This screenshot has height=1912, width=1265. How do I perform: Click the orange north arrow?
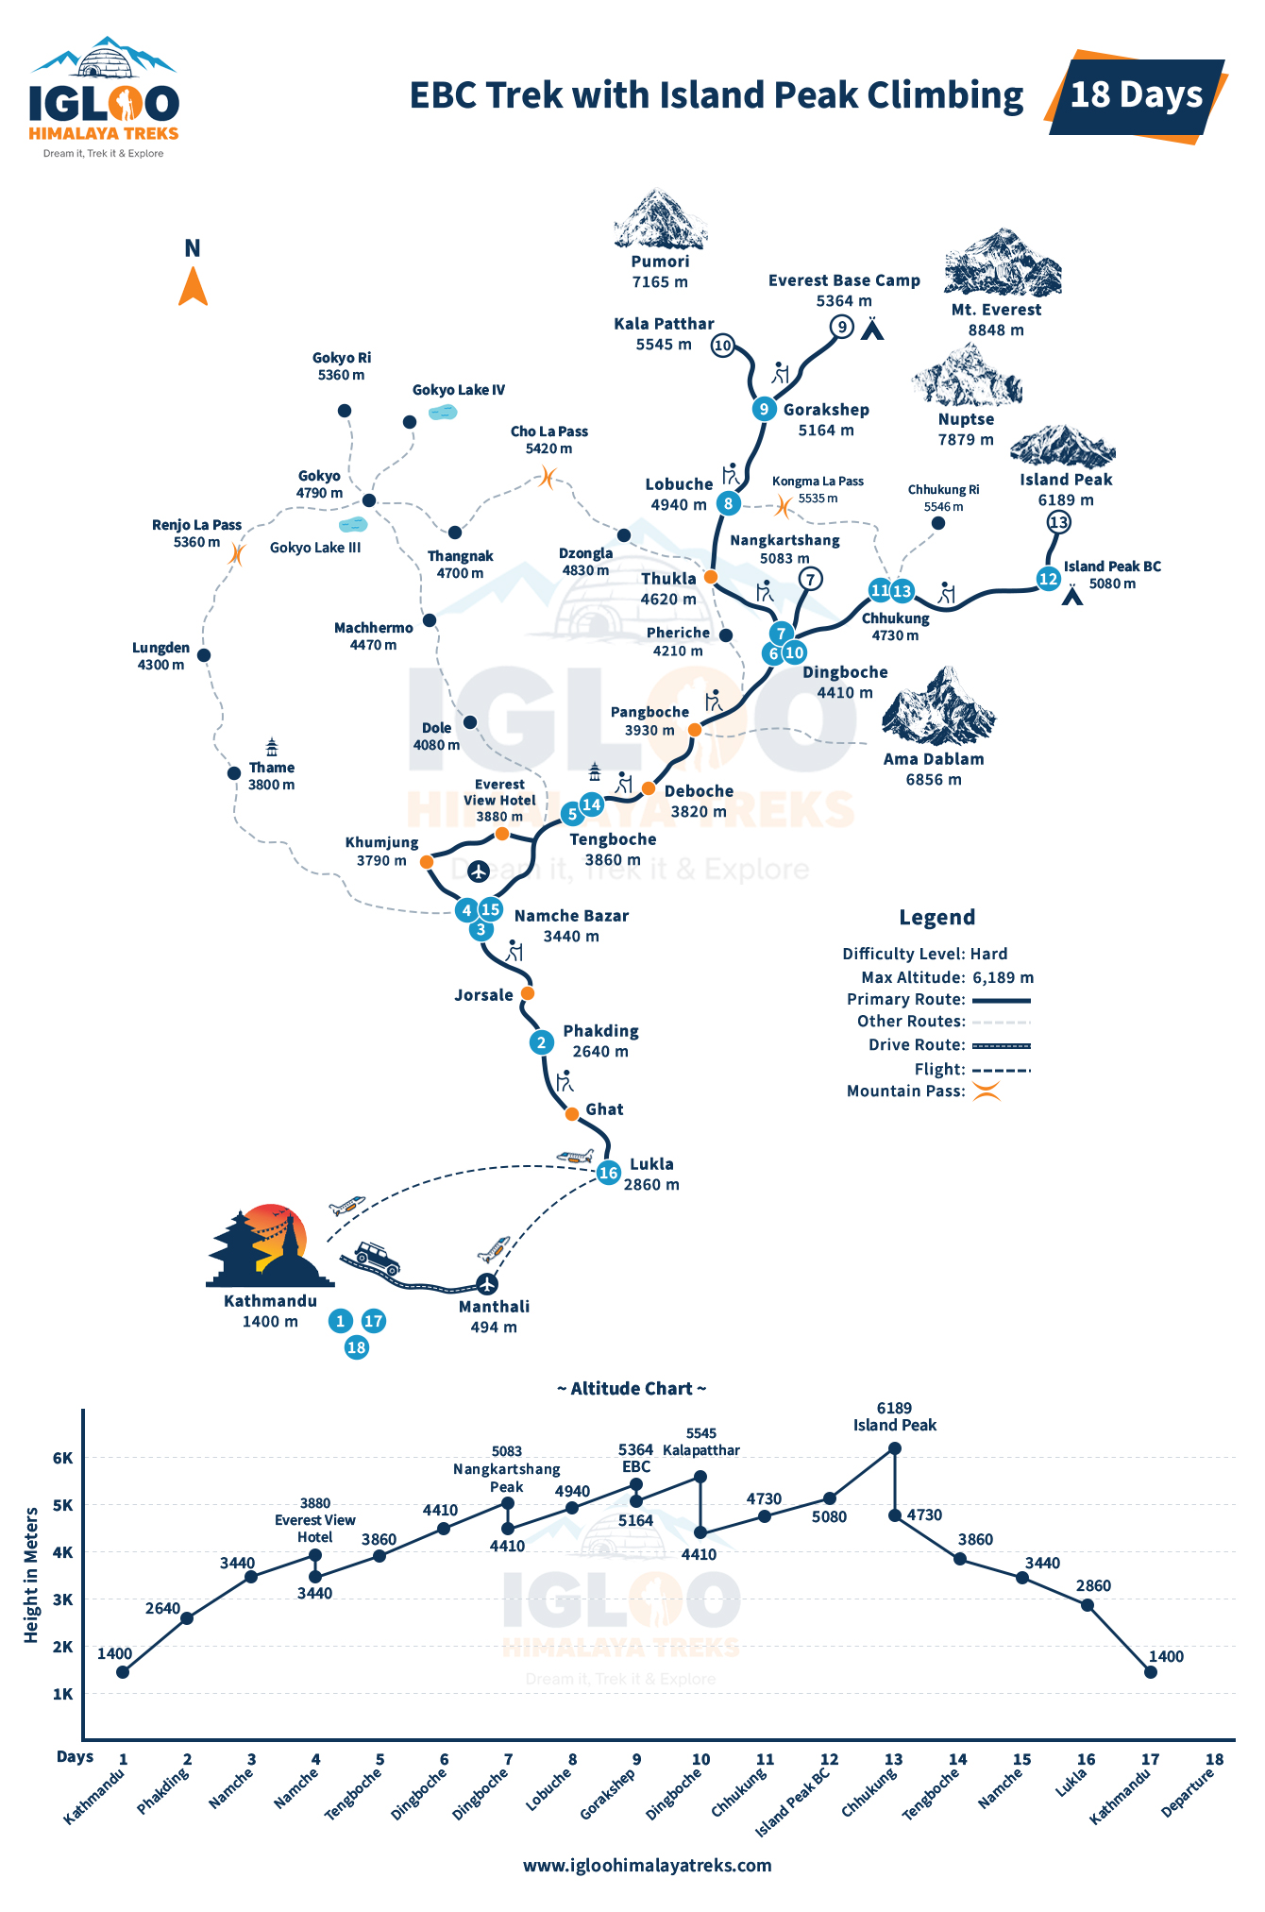(x=193, y=287)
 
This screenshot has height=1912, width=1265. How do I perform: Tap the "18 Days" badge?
(x=1137, y=96)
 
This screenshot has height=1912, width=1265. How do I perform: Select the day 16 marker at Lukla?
(x=608, y=1173)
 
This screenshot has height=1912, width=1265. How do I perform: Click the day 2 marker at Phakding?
(x=541, y=1042)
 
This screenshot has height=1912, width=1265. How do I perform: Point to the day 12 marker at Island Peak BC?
(x=1048, y=579)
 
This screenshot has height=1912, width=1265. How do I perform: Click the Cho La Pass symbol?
(x=547, y=477)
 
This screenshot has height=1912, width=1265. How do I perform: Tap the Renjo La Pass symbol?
(x=236, y=553)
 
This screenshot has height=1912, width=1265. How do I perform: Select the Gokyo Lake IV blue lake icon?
(x=443, y=412)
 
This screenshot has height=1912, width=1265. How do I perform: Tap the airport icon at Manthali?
(x=486, y=1284)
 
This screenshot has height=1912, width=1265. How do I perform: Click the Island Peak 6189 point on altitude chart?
(x=895, y=1448)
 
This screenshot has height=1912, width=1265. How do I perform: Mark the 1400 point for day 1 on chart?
(x=123, y=1672)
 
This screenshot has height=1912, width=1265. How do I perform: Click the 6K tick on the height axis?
(x=63, y=1458)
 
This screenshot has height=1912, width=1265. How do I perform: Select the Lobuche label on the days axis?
(x=548, y=1789)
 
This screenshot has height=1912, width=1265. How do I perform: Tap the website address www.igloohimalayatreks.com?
(x=647, y=1865)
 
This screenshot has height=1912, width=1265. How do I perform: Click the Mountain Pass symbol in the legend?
(x=987, y=1091)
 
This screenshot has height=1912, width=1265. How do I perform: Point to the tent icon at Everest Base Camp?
(x=872, y=329)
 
